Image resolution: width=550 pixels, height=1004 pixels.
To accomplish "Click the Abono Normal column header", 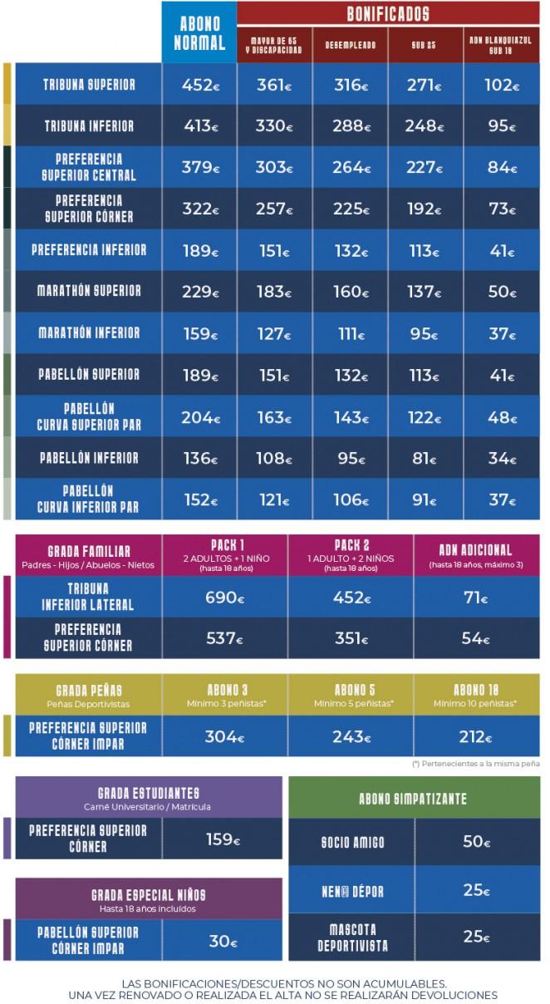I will point(199,34).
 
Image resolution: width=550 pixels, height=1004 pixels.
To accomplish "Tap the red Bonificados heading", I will point(388,13).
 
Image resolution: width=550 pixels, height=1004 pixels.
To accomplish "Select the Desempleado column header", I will point(350,45).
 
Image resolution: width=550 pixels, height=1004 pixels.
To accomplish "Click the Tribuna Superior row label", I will point(88,85).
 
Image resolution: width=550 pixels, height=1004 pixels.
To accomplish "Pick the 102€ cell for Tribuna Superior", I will point(501,85).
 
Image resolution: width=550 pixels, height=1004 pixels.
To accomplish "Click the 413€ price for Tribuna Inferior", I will point(199,126).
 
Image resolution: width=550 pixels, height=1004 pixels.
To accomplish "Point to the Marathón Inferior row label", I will point(88,333).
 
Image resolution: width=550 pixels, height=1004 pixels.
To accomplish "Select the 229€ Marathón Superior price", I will point(199,292).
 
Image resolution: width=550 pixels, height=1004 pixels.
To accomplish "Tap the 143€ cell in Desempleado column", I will point(350,417).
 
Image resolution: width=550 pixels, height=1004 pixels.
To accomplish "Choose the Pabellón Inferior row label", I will point(88,458).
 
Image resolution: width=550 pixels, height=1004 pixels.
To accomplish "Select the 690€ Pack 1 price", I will point(225,598).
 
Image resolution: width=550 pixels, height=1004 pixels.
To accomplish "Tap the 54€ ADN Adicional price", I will point(476,638).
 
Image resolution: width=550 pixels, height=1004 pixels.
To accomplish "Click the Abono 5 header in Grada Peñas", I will point(351,690).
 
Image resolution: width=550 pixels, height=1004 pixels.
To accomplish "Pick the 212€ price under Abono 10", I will point(476,736).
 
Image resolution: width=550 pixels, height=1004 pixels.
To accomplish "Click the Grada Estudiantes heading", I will point(148,794).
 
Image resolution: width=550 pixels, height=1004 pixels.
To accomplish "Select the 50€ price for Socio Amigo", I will point(477,842).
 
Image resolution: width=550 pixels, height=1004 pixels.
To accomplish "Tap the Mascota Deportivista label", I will point(352,937).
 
